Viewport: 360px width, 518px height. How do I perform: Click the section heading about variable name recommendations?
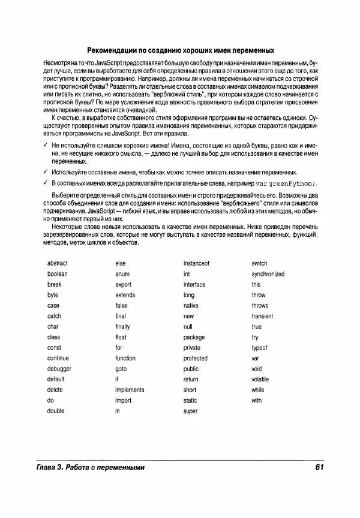(x=181, y=50)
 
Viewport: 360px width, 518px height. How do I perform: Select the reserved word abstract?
(x=58, y=263)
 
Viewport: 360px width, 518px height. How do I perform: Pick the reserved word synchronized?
(x=268, y=274)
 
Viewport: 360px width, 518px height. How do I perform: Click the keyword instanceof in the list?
(x=196, y=263)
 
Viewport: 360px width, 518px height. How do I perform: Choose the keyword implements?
(x=130, y=390)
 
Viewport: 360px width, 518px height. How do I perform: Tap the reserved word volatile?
(x=260, y=380)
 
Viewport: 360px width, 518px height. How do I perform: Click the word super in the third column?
(x=190, y=411)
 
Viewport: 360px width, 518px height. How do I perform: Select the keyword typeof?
(x=259, y=348)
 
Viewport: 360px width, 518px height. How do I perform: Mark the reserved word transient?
(x=262, y=316)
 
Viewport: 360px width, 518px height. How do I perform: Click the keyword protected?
(x=196, y=359)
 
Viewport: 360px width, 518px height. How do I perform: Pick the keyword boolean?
(x=58, y=274)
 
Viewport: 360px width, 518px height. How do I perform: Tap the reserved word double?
(x=56, y=411)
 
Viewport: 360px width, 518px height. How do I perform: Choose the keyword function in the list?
(x=125, y=359)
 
